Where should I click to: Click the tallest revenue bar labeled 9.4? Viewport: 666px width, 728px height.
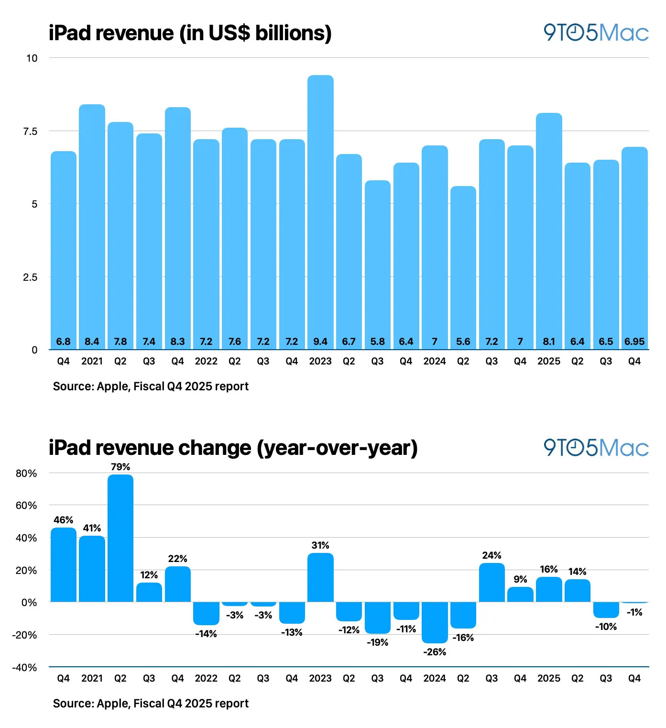click(320, 210)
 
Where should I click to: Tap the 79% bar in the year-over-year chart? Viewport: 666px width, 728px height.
click(120, 538)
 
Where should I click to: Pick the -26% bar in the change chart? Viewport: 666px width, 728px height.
click(435, 622)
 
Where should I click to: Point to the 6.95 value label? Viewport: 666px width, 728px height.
click(634, 342)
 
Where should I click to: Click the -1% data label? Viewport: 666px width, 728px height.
click(634, 612)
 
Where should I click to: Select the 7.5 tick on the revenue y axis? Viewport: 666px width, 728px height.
click(30, 131)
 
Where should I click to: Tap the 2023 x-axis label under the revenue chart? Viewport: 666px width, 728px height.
click(320, 361)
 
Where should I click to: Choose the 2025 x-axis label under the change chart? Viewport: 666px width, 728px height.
click(548, 678)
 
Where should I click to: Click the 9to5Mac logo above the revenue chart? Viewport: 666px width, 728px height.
click(596, 33)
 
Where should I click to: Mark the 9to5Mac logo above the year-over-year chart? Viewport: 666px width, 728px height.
click(596, 448)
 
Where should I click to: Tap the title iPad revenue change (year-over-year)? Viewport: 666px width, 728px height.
click(233, 448)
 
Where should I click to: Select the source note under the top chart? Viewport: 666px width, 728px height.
click(151, 386)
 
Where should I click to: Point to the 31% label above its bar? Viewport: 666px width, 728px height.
click(320, 545)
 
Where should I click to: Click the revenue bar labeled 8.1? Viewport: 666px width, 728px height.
click(548, 230)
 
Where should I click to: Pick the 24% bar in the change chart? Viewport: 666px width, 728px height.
click(491, 582)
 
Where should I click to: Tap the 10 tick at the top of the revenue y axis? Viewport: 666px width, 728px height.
click(32, 58)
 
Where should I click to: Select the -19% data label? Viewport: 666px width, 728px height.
click(377, 642)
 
